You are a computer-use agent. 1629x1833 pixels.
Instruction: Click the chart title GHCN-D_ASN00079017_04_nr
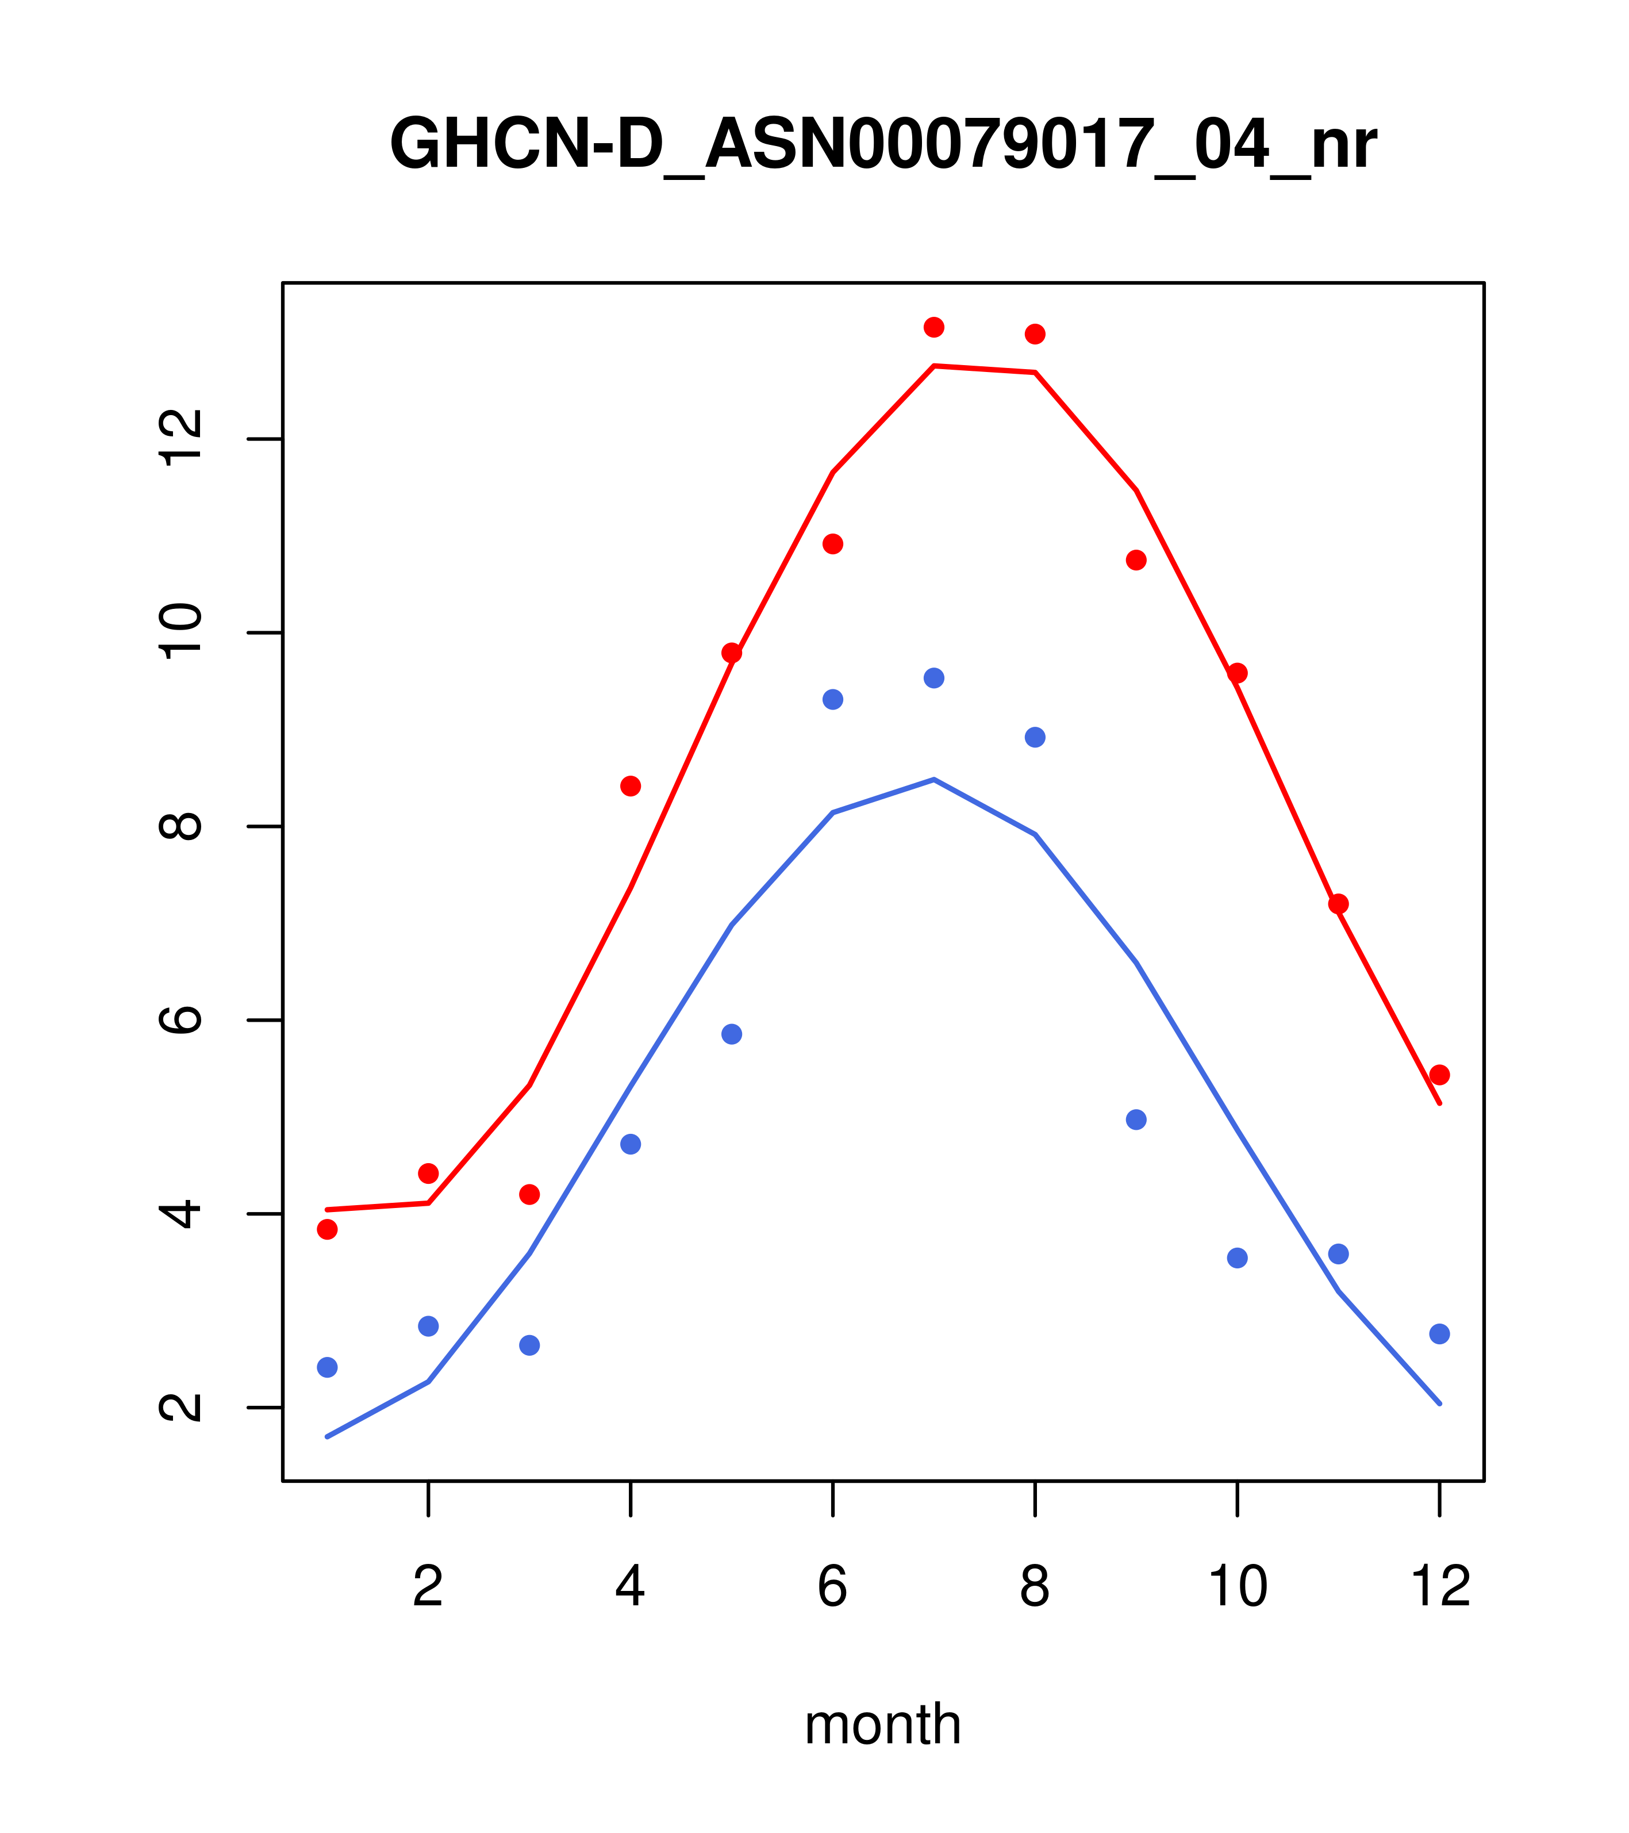[x=882, y=145]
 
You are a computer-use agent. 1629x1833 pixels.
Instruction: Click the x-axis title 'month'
[x=882, y=1724]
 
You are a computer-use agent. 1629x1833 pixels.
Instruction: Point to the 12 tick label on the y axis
[x=180, y=439]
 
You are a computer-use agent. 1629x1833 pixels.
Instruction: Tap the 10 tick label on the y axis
[x=180, y=632]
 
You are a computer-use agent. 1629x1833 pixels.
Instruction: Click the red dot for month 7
[x=934, y=327]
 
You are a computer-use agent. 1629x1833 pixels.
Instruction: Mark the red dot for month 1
[x=327, y=1229]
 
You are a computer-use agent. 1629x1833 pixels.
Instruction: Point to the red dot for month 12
[x=1440, y=1075]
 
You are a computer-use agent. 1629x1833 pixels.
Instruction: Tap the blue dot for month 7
[x=934, y=678]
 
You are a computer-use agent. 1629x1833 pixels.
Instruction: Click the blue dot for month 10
[x=1237, y=1258]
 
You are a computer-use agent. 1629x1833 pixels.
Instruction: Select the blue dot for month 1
[x=327, y=1368]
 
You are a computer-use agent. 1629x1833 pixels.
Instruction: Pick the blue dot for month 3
[x=530, y=1345]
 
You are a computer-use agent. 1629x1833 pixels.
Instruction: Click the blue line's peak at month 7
[x=934, y=779]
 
